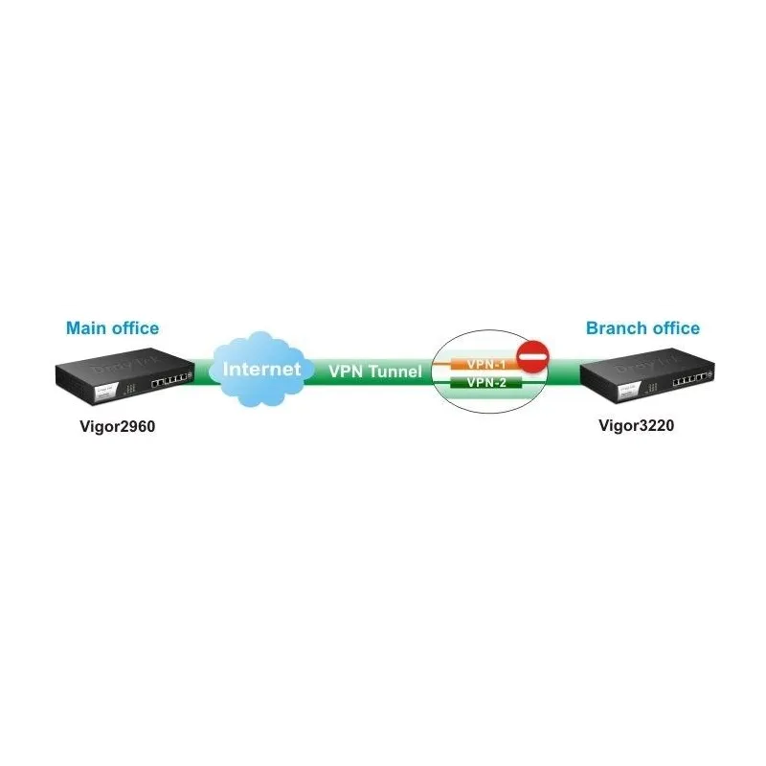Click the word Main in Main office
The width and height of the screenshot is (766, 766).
click(84, 328)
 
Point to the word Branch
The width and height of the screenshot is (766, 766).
click(614, 328)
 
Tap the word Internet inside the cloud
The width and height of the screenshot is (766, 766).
click(262, 369)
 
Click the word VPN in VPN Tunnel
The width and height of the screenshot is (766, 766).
click(348, 371)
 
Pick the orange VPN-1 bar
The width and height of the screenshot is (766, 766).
click(479, 365)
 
